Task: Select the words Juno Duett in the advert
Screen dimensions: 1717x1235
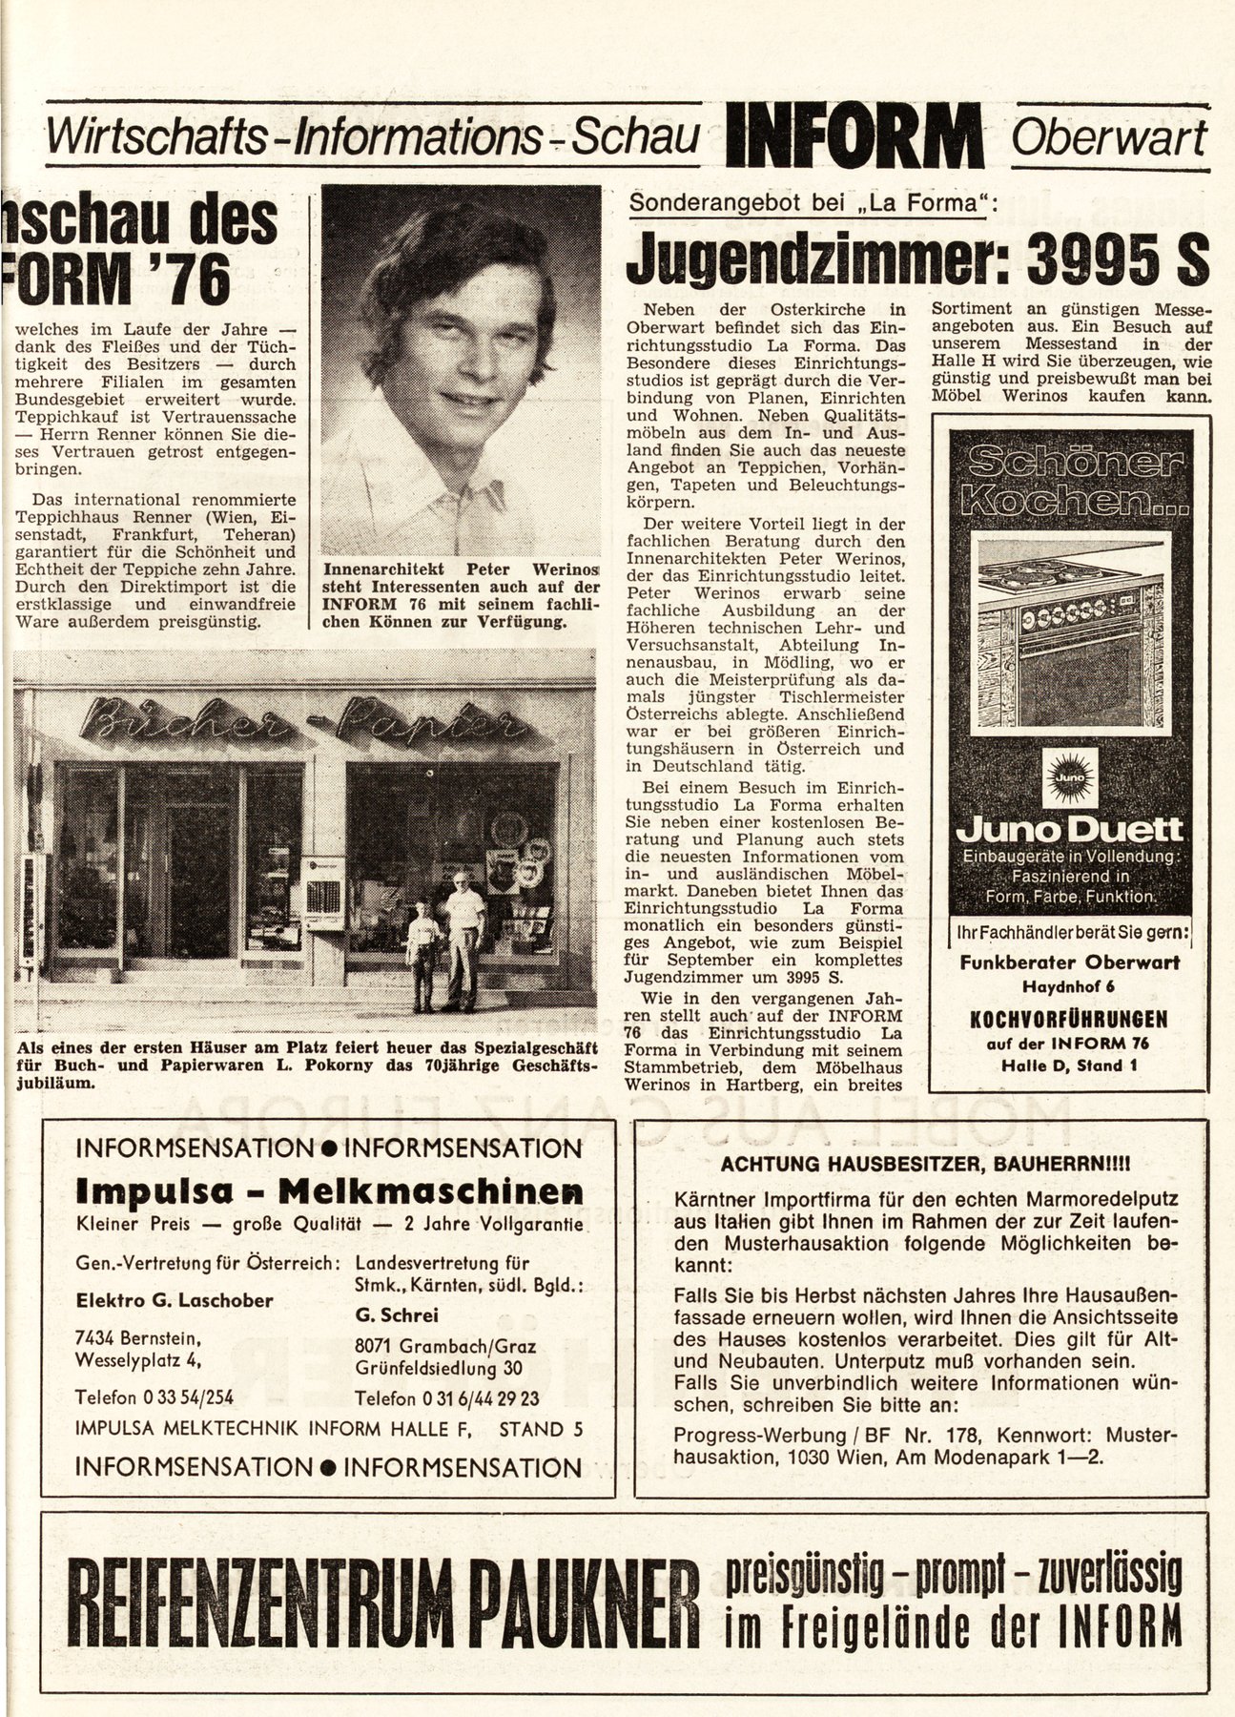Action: pos(1069,829)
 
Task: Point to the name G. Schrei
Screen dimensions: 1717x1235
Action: pos(396,1315)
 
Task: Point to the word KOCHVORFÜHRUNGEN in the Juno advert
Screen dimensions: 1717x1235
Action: pos(1069,1019)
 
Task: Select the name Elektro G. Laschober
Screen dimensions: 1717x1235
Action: pos(174,1300)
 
